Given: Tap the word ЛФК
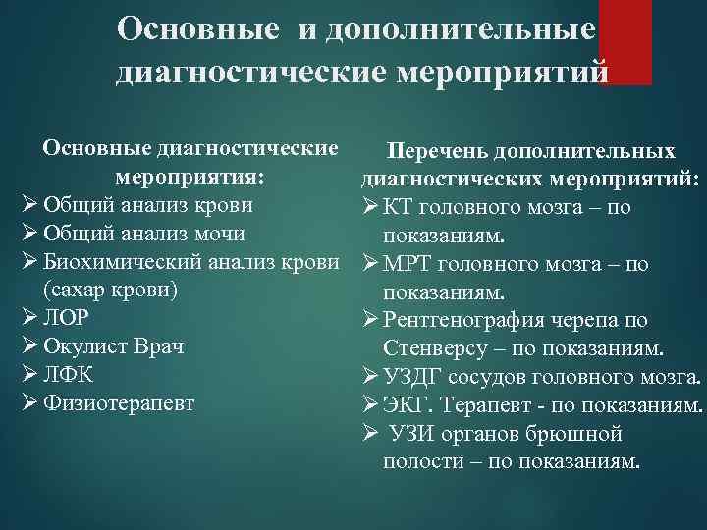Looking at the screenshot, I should pos(66,375).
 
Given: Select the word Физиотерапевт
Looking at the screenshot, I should pos(119,403).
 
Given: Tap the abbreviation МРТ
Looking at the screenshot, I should pos(405,264).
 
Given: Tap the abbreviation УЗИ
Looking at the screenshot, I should pos(408,433).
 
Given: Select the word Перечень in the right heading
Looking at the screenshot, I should pos(437,152).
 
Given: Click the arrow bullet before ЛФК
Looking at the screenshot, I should pos(30,375).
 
